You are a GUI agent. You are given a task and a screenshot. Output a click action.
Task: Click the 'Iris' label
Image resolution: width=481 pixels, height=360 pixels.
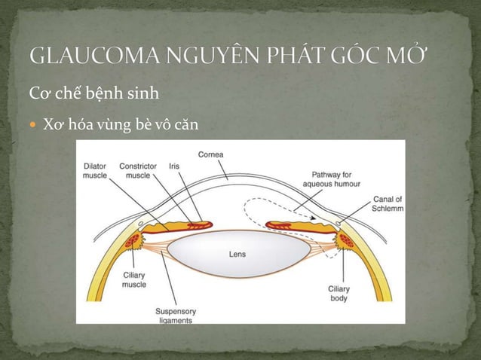(x=174, y=166)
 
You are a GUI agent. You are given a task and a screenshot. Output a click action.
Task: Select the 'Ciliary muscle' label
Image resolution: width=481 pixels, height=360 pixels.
(x=134, y=280)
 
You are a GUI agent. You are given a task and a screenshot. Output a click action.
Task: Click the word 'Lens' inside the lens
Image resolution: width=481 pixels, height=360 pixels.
(x=237, y=255)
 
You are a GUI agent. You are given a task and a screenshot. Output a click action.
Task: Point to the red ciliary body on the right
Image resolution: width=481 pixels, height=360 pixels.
(x=345, y=240)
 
